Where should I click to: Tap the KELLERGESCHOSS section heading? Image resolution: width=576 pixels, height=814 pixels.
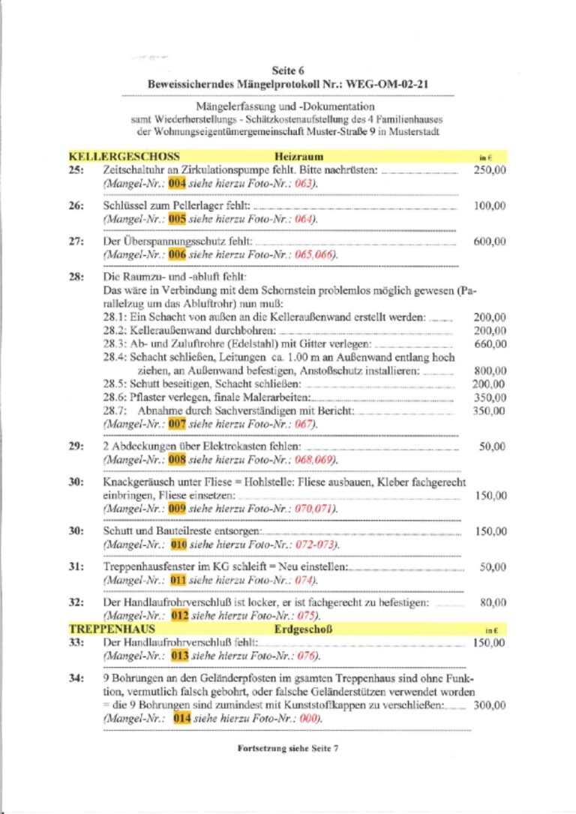tap(124, 157)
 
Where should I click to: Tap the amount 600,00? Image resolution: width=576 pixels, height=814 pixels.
tap(490, 242)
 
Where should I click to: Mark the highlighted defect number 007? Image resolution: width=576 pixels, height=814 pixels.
tap(176, 424)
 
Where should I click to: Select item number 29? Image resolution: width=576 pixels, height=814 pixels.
tap(76, 446)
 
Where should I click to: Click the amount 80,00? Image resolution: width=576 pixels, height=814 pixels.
tap(493, 602)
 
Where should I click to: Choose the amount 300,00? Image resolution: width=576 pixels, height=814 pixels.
tap(490, 705)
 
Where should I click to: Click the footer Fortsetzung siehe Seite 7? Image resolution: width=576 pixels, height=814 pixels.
tap(287, 748)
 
